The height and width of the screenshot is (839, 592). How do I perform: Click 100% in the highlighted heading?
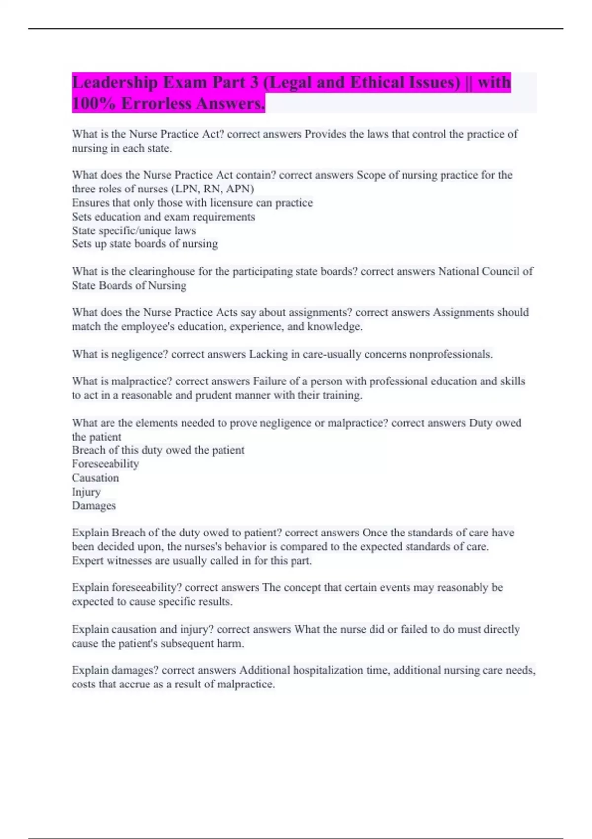[x=93, y=104]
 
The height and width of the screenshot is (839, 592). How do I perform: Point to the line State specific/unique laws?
[x=134, y=230]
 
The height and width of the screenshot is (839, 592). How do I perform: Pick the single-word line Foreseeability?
[x=105, y=464]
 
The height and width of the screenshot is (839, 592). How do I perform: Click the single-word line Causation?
[x=95, y=478]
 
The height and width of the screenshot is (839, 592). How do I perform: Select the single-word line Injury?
[x=86, y=492]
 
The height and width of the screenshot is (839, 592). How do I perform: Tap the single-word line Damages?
[x=94, y=506]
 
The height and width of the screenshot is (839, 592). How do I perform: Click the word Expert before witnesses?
[x=87, y=561]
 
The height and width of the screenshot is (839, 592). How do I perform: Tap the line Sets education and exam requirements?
[x=163, y=217]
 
